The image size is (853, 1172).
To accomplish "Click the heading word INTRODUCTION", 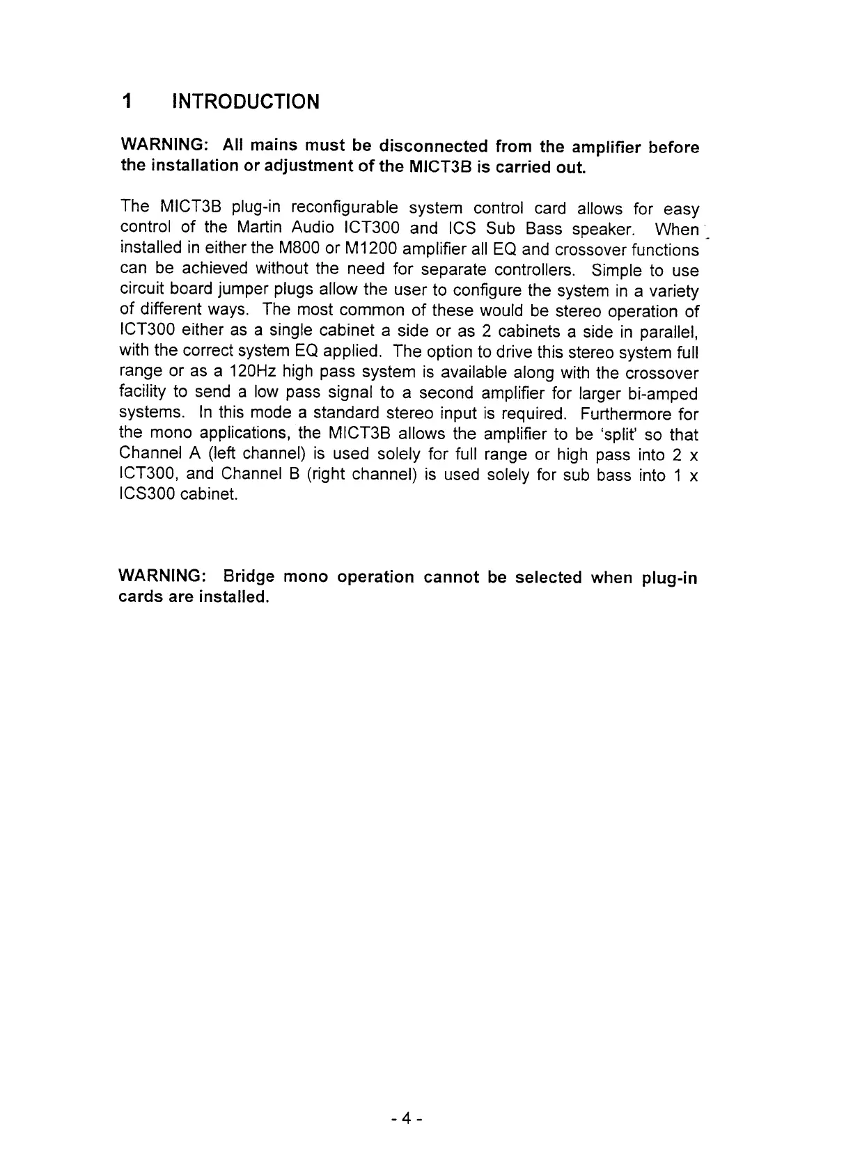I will (245, 102).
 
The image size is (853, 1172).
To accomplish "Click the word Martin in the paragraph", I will (259, 228).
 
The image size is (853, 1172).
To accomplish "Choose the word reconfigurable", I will (344, 207).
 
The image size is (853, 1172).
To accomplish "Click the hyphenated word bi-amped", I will (663, 394).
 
